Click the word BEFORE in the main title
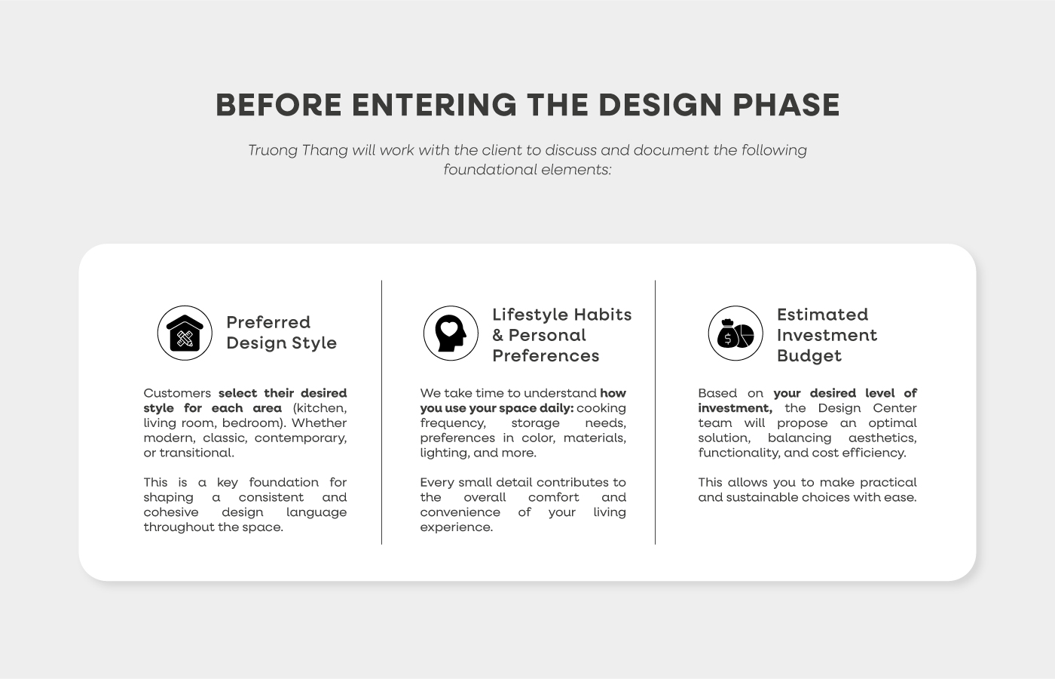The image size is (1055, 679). [x=279, y=105]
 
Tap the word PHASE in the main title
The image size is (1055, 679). [x=786, y=105]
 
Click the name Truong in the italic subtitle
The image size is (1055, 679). [x=273, y=150]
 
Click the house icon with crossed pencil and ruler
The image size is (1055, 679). [x=185, y=333]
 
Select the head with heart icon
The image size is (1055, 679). [x=451, y=333]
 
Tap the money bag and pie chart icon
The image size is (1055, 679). [x=735, y=333]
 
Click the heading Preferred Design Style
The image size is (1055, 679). [x=282, y=333]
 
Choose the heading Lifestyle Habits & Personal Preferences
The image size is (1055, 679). [x=562, y=335]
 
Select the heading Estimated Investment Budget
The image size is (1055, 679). [x=827, y=335]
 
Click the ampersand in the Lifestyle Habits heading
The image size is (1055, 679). [x=498, y=335]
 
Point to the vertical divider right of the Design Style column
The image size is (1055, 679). [x=381, y=413]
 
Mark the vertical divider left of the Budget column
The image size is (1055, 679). [x=655, y=413]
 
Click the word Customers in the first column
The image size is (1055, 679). [x=177, y=393]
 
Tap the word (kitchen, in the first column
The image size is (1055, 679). [x=320, y=408]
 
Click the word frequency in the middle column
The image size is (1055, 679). [x=453, y=423]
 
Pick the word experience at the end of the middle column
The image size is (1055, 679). [x=457, y=527]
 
